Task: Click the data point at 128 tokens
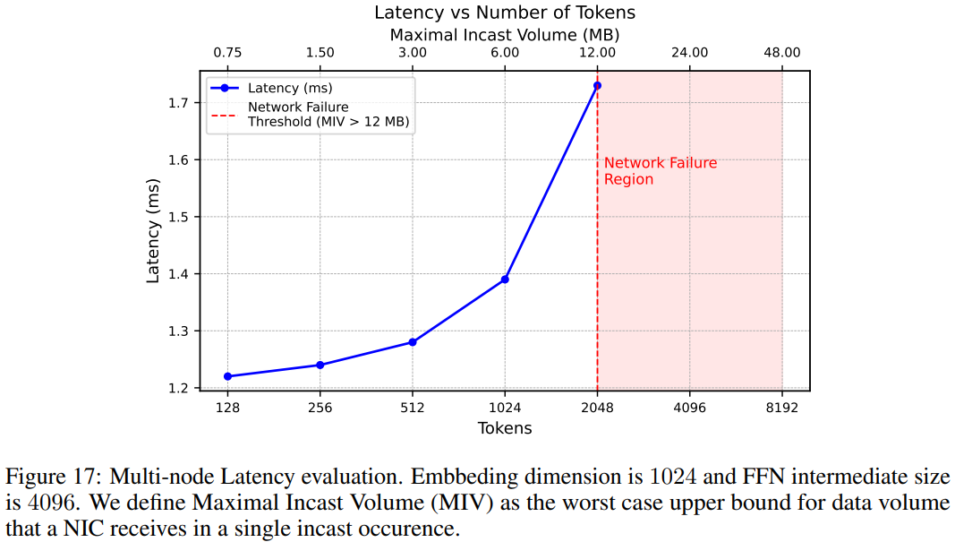227,376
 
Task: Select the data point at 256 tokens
320,365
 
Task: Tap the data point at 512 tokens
413,342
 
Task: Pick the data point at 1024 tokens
505,280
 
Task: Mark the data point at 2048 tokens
597,85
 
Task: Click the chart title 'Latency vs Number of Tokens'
505,13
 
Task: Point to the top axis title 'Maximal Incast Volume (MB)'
505,35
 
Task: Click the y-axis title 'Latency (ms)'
153,230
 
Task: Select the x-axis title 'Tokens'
505,428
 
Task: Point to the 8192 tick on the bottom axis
782,407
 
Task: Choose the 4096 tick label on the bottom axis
689,407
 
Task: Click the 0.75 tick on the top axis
227,53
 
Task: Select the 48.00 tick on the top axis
782,53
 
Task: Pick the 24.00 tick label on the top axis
689,53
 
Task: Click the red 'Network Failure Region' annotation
660,171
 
